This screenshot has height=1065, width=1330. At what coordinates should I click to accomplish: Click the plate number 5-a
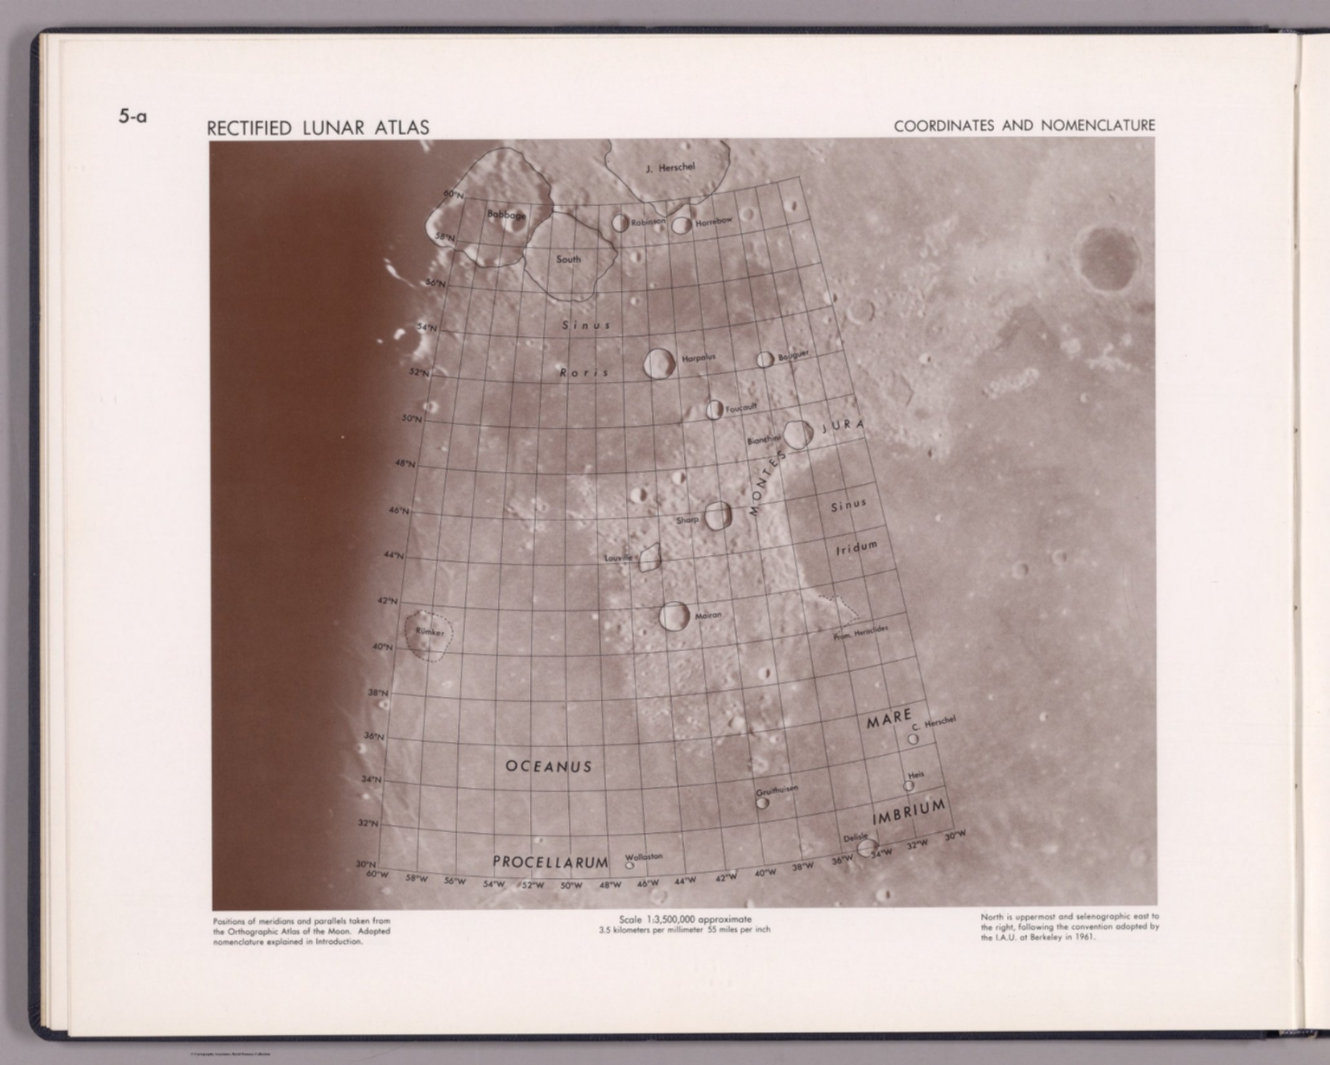(132, 115)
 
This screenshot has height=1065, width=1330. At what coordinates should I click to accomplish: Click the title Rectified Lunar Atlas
(318, 128)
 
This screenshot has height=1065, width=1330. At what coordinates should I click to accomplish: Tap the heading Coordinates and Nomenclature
(1024, 126)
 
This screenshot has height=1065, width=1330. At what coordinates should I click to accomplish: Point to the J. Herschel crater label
(670, 167)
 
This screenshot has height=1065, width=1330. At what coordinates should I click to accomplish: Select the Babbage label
(506, 214)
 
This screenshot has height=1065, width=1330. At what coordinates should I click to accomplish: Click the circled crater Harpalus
(660, 364)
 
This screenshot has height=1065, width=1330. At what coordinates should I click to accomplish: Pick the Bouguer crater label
(792, 356)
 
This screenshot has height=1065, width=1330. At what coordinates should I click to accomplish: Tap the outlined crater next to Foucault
(714, 410)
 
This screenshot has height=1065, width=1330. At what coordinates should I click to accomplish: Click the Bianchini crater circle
(797, 435)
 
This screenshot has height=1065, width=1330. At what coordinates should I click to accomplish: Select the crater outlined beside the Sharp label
(718, 516)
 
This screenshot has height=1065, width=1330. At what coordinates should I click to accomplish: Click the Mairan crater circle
(675, 616)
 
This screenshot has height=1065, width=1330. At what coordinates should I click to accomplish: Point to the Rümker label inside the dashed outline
(429, 632)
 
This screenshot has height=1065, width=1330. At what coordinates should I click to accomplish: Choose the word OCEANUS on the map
(548, 766)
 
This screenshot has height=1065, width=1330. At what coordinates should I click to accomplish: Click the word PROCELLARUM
(550, 862)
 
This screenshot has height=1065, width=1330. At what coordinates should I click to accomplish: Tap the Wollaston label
(643, 856)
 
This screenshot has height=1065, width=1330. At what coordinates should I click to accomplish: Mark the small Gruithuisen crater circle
(762, 803)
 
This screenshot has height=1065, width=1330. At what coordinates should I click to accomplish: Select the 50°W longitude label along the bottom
(571, 886)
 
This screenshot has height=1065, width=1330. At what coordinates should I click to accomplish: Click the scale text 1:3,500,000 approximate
(685, 919)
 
